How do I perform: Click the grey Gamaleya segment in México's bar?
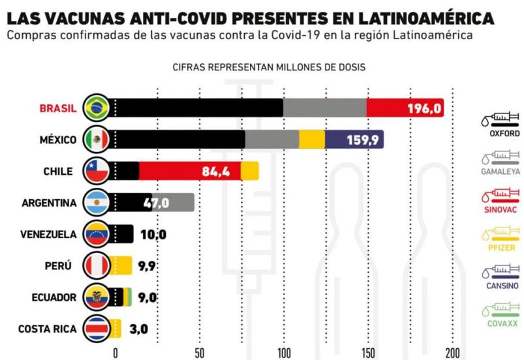pyautogui.click(x=272, y=139)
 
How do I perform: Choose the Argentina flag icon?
pyautogui.click(x=97, y=203)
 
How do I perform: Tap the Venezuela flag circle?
pyautogui.click(x=97, y=234)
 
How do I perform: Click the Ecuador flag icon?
pyautogui.click(x=97, y=297)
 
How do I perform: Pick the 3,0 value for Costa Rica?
pyautogui.click(x=138, y=329)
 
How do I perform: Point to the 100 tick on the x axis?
pyautogui.click(x=284, y=353)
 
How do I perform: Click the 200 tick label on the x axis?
pyautogui.click(x=452, y=353)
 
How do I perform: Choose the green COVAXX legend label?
pyautogui.click(x=504, y=324)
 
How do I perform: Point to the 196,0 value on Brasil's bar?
pyautogui.click(x=425, y=108)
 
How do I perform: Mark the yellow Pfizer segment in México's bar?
pyautogui.click(x=312, y=139)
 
